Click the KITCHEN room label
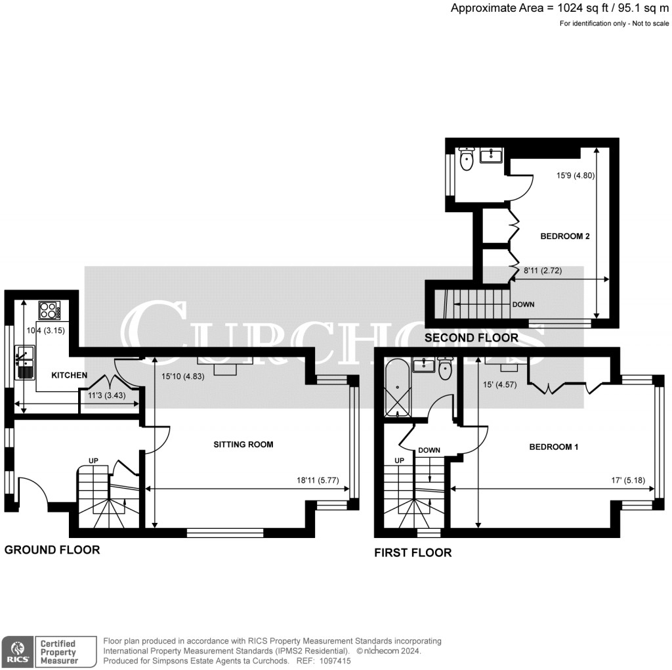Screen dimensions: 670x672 [x=70, y=375]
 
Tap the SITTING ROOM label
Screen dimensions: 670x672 [x=243, y=445]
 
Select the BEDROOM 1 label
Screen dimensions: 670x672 [x=553, y=447]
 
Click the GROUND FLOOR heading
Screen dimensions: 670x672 [x=52, y=550]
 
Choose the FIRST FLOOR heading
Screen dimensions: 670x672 [x=413, y=552]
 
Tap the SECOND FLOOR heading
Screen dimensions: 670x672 [x=471, y=338]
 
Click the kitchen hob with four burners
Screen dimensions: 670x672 [x=49, y=309]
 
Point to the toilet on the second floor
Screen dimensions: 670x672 [x=467, y=161]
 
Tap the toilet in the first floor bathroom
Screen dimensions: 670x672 [x=446, y=369]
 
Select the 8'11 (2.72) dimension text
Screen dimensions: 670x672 [x=543, y=271]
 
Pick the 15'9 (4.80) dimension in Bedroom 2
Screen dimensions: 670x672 [x=576, y=176]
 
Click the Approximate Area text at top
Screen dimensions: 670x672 [x=560, y=9]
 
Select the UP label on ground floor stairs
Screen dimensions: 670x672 [x=93, y=461]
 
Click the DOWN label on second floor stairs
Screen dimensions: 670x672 [x=523, y=305]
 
